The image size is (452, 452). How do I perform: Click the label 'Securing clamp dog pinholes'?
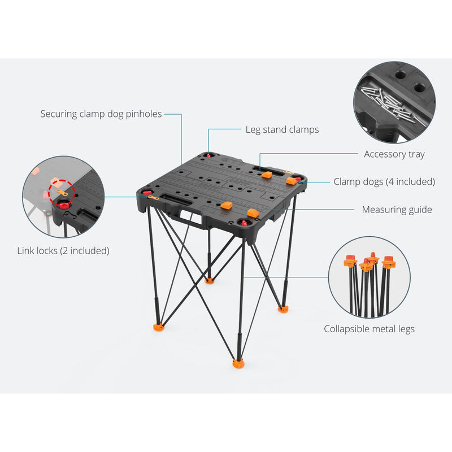[101, 114]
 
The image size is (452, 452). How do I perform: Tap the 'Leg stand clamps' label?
[282, 130]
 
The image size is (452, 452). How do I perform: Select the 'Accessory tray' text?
[394, 154]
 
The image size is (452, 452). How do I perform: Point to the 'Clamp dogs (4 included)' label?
[384, 182]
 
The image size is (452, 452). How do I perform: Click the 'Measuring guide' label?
[397, 210]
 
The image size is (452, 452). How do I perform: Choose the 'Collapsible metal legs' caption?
[369, 329]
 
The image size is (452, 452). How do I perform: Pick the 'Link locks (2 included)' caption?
[63, 250]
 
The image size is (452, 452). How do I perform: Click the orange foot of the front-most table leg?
[238, 363]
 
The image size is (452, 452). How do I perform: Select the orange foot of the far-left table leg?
[159, 327]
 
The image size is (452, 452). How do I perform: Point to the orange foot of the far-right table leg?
[282, 308]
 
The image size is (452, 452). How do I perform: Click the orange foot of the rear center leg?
[210, 280]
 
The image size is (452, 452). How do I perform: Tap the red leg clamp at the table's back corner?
[209, 155]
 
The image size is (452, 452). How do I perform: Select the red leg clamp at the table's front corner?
[245, 223]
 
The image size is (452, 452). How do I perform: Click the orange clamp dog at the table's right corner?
[292, 181]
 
